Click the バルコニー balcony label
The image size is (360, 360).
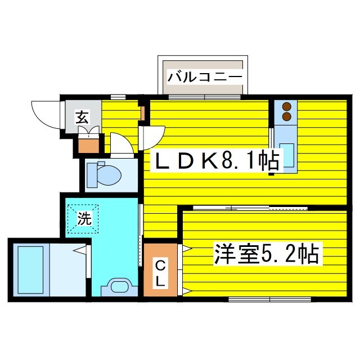[x=204, y=75]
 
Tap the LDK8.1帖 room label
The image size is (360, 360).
[x=217, y=162]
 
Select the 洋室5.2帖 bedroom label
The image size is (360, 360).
[x=265, y=254]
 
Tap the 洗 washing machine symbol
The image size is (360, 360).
[x=84, y=219]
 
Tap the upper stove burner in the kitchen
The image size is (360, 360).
[x=286, y=106]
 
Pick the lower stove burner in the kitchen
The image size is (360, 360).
[x=286, y=117]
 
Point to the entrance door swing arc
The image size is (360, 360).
[x=45, y=115]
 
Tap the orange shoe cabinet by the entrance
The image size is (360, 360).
[x=88, y=145]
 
